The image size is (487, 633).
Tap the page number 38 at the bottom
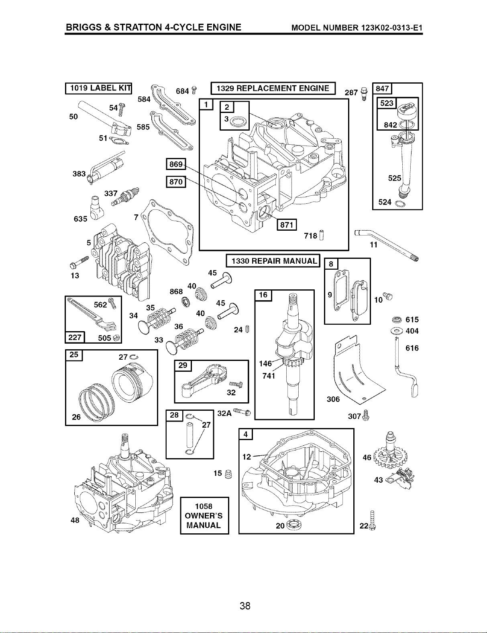click(245, 606)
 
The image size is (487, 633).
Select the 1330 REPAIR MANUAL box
click(273, 261)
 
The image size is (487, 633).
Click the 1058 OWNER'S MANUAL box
click(204, 516)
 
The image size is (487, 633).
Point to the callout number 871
click(287, 225)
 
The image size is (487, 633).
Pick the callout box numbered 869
click(176, 164)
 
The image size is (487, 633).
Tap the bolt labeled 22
click(373, 520)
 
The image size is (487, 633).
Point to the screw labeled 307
click(366, 416)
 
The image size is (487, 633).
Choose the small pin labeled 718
click(322, 235)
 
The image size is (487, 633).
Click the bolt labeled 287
click(364, 94)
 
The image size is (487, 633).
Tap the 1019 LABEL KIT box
click(99, 88)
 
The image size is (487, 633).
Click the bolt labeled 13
click(79, 262)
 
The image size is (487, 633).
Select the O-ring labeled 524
click(400, 204)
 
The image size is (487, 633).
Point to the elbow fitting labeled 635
click(96, 208)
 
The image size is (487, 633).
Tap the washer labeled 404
click(397, 331)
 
